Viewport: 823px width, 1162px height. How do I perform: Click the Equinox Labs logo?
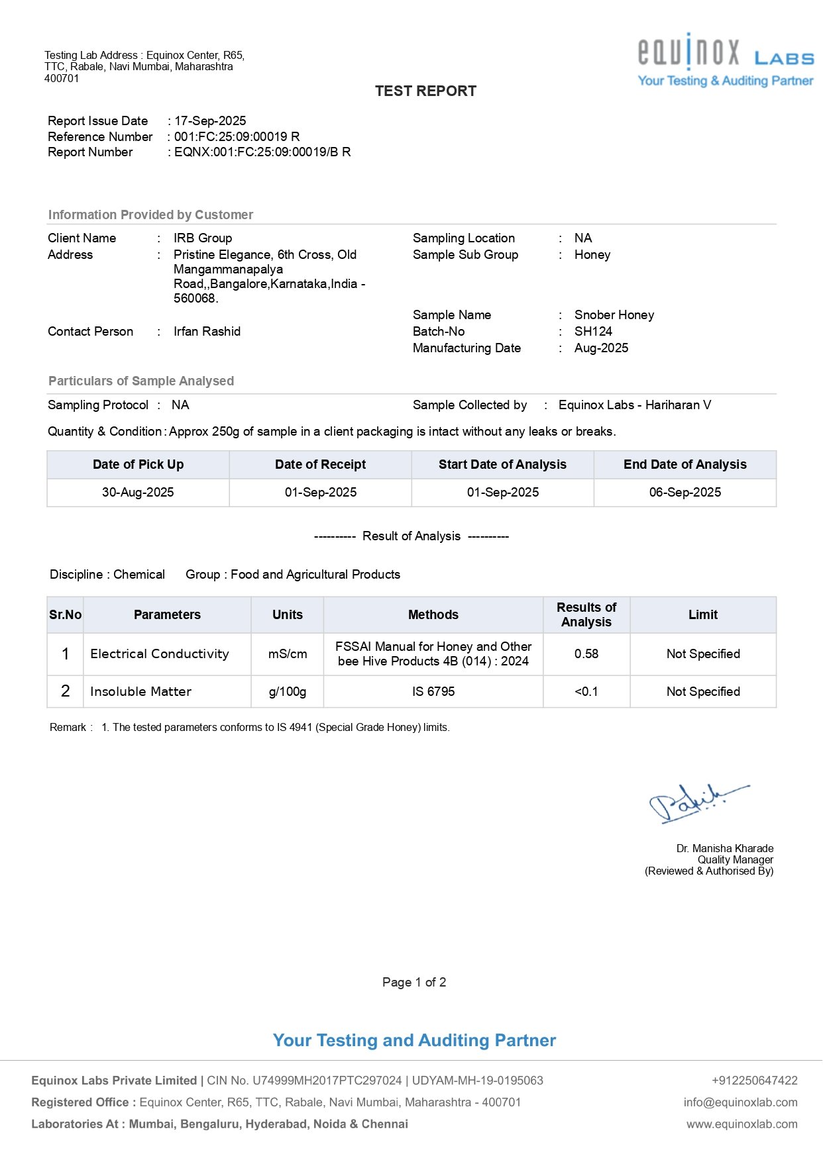pyautogui.click(x=726, y=60)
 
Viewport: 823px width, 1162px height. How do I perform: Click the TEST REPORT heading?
pyautogui.click(x=425, y=91)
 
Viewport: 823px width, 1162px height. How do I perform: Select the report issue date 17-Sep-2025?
pyautogui.click(x=210, y=121)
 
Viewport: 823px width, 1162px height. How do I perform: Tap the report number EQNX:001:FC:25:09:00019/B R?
pyautogui.click(x=262, y=152)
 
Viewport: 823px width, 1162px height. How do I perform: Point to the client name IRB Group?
pyautogui.click(x=203, y=238)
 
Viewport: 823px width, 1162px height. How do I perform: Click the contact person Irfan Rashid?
pyautogui.click(x=207, y=332)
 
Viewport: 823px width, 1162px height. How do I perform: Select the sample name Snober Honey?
pyautogui.click(x=614, y=315)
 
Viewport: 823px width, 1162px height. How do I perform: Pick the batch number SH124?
pyautogui.click(x=593, y=332)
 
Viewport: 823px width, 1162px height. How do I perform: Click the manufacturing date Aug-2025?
pyautogui.click(x=601, y=348)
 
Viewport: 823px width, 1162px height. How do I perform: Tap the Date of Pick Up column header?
pyautogui.click(x=138, y=465)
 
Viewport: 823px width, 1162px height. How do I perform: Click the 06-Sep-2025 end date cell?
pyautogui.click(x=685, y=493)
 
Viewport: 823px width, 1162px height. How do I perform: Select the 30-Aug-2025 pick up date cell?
pyautogui.click(x=138, y=493)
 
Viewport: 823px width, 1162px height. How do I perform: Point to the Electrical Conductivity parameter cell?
pyautogui.click(x=160, y=654)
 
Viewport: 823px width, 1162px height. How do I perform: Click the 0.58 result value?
pyautogui.click(x=586, y=654)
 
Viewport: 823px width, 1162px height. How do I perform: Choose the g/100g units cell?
pyautogui.click(x=288, y=692)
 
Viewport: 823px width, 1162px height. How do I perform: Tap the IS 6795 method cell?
pyautogui.click(x=433, y=692)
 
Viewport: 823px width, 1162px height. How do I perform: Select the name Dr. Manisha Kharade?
pyautogui.click(x=725, y=849)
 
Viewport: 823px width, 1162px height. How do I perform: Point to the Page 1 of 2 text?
pyautogui.click(x=414, y=983)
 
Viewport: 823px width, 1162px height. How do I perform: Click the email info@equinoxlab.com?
pyautogui.click(x=740, y=1102)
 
